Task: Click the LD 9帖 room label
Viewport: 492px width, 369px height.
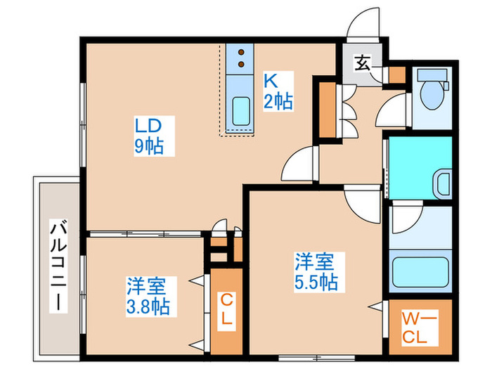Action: coord(150,136)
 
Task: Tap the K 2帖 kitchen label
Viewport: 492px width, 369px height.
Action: coord(278,90)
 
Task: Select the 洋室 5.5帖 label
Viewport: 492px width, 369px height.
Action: coord(314,272)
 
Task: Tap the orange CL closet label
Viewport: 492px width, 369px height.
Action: coord(226,309)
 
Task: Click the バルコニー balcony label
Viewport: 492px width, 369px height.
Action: coord(58,265)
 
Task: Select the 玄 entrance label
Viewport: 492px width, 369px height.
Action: coord(361,63)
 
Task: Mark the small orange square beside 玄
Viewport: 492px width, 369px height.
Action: coord(397,73)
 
